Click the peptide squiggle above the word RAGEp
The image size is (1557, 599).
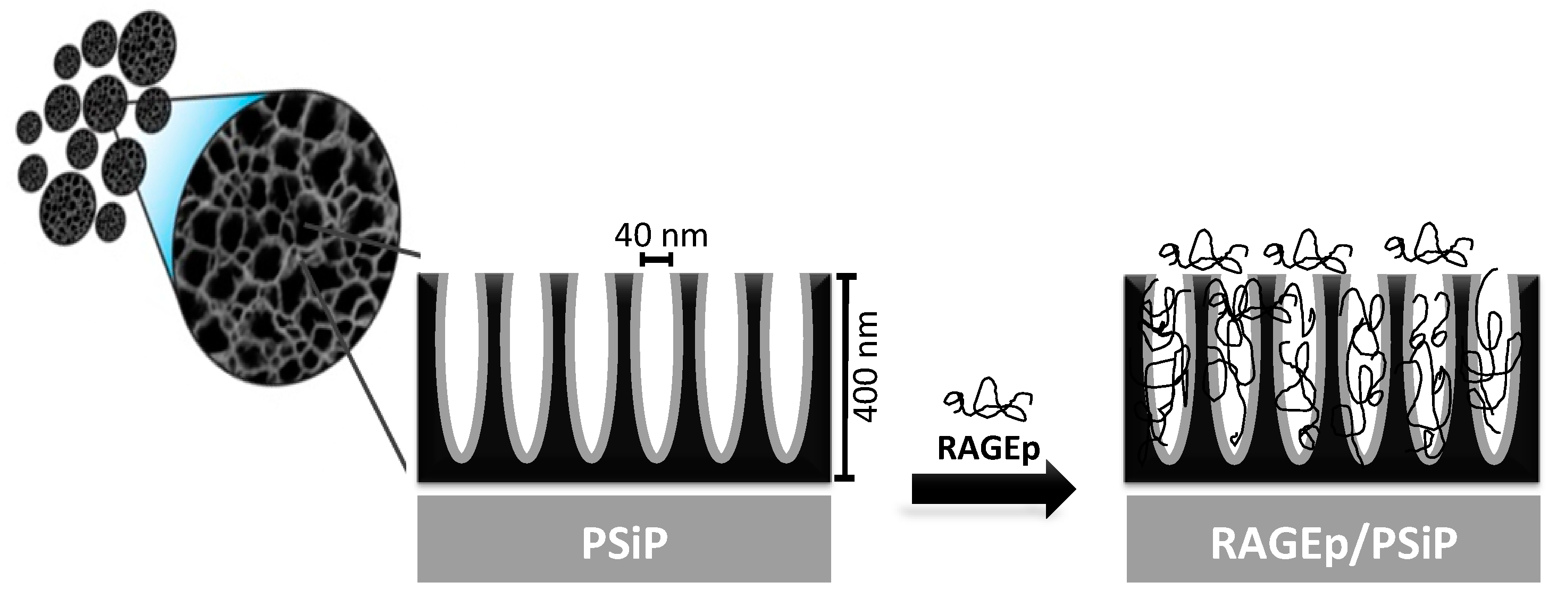(988, 400)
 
